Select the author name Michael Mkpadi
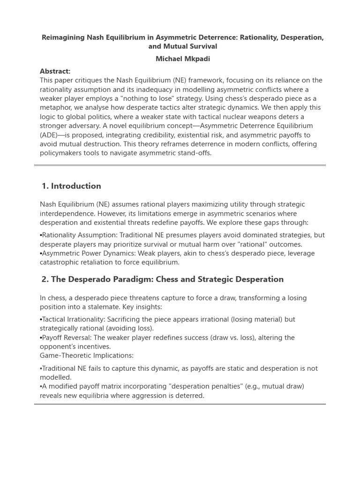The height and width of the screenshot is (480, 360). pos(180,59)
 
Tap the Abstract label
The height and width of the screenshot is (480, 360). pos(55,71)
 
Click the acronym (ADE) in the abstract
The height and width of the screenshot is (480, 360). pos(49,135)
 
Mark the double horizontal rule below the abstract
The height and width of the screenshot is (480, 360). pos(180,165)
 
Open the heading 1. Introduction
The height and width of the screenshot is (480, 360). pos(71,186)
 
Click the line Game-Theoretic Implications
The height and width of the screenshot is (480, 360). pos(87,356)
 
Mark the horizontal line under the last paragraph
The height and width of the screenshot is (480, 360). pos(180,404)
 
